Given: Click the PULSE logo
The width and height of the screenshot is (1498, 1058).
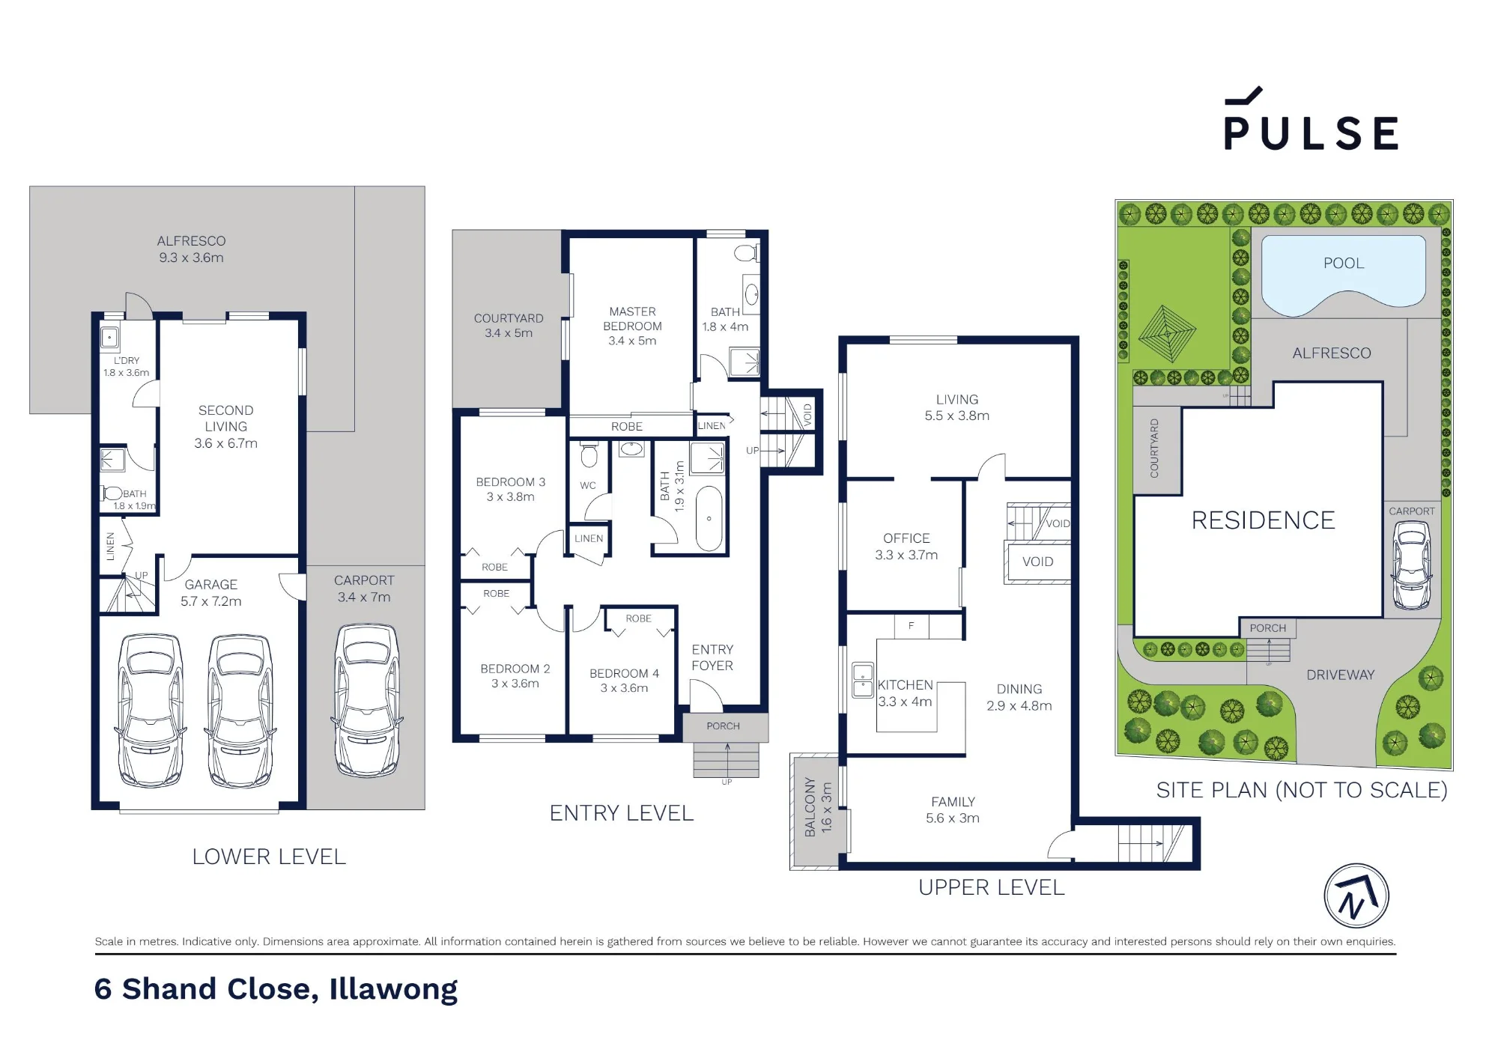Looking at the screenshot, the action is tap(1311, 120).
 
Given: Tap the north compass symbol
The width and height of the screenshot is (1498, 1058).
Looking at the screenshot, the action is tap(1356, 896).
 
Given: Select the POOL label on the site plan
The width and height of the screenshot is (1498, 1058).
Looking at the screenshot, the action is tap(1344, 264).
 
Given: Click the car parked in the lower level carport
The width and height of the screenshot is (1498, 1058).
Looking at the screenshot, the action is tap(366, 701).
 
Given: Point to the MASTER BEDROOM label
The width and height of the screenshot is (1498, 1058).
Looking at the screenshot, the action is tap(632, 319).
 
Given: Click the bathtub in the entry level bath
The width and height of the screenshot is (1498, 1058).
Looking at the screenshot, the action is tap(709, 519).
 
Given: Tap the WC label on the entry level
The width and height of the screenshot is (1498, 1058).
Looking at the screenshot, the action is tap(588, 485).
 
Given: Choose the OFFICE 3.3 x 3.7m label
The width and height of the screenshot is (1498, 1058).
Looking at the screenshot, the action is tap(906, 547).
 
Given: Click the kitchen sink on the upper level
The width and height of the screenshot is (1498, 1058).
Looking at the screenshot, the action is tap(863, 680).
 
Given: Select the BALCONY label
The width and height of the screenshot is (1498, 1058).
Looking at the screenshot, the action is tap(810, 806).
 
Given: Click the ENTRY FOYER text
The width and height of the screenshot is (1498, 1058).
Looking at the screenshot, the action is tap(712, 657).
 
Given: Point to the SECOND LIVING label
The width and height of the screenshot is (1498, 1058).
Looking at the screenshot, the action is tap(225, 419).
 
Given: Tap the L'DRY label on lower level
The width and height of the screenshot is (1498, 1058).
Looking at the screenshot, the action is tap(127, 360).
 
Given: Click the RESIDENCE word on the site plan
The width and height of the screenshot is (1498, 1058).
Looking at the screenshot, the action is tap(1263, 520).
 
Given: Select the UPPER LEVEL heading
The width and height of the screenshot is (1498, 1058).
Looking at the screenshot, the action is tap(991, 887).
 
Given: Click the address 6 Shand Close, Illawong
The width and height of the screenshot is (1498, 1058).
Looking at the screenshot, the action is tap(276, 989).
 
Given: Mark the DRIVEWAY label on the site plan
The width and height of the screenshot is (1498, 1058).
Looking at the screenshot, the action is tap(1340, 675).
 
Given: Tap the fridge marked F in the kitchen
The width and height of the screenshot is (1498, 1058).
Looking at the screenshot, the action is tap(912, 626).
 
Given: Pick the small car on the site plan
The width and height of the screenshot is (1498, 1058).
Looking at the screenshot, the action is tap(1411, 565).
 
